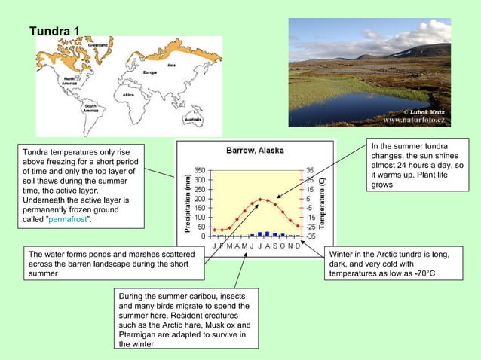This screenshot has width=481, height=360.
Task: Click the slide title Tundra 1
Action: [54, 31]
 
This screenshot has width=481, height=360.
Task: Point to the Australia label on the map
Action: [193, 119]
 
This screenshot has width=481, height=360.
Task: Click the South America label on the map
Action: [91, 108]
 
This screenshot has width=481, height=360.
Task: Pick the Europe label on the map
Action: [150, 72]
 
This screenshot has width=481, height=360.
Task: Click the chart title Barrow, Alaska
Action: [255, 151]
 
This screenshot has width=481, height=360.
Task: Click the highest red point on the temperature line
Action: [261, 200]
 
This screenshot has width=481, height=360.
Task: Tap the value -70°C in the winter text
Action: [420, 274]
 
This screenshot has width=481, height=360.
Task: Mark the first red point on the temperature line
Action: [214, 230]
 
